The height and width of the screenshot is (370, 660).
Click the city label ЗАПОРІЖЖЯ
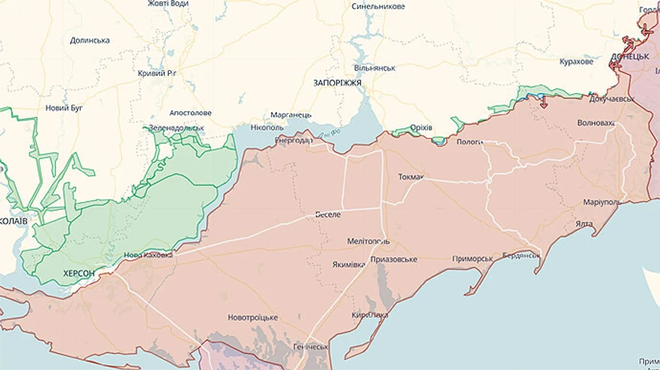click(337, 83)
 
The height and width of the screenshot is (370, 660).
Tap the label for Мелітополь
click(368, 241)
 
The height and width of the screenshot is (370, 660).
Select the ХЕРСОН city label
click(78, 273)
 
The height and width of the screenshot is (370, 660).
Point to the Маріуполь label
click(602, 201)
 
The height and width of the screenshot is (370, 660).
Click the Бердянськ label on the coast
click(521, 256)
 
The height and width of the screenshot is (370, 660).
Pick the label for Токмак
click(411, 177)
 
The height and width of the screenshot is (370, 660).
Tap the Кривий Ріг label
click(157, 73)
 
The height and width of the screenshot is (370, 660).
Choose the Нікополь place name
click(267, 127)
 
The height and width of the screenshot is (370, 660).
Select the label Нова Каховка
click(148, 256)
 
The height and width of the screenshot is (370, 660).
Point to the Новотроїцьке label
click(253, 317)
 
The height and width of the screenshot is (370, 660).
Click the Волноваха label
click(595, 122)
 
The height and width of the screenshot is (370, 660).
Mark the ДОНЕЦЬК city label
click(630, 56)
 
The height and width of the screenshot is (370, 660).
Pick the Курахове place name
click(576, 62)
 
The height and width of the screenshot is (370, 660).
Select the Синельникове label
click(378, 6)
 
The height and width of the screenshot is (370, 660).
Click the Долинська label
click(89, 40)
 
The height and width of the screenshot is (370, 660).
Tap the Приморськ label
click(472, 259)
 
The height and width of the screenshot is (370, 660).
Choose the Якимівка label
click(348, 264)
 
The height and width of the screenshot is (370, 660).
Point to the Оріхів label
click(421, 127)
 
